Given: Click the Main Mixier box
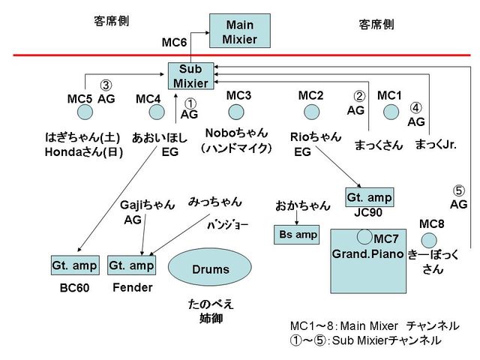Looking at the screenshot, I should pos(239,31).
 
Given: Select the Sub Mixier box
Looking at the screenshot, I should pos(190,76).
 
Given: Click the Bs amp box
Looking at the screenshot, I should pos(295,235).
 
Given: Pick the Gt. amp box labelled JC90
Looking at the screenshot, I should pos(369,197).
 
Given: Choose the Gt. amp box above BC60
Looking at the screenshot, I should pos(74,265).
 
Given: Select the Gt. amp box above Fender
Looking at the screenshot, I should pos(131,265).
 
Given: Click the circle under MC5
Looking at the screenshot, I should pos(85,112).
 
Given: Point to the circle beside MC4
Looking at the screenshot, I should pos(156,112).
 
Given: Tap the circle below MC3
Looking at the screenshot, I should pos(237,112).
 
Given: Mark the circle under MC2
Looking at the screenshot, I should pos(310,112).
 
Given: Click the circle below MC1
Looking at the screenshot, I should pos(391,112).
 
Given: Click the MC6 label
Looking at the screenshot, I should pos(174,43).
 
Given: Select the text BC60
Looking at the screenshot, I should pos(74,288).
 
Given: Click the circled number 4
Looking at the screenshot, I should pos(416,107).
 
